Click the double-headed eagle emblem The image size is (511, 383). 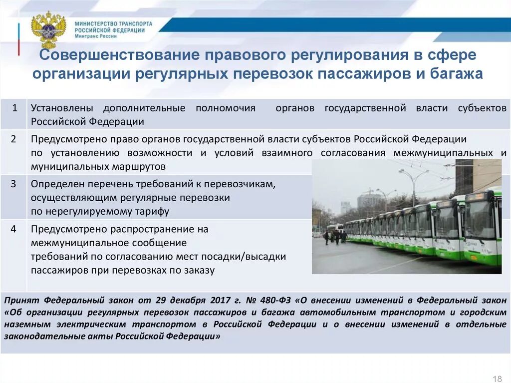click(48, 29)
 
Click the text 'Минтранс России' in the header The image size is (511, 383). click(96, 36)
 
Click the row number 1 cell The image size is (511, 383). click(14, 108)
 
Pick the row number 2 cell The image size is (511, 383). click(14, 139)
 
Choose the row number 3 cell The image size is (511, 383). click(14, 184)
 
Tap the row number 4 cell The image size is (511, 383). click(14, 229)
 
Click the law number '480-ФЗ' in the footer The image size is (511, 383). click(274, 300)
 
